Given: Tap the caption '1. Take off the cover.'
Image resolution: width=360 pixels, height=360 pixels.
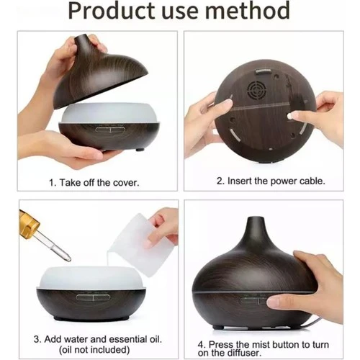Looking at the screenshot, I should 95,182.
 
